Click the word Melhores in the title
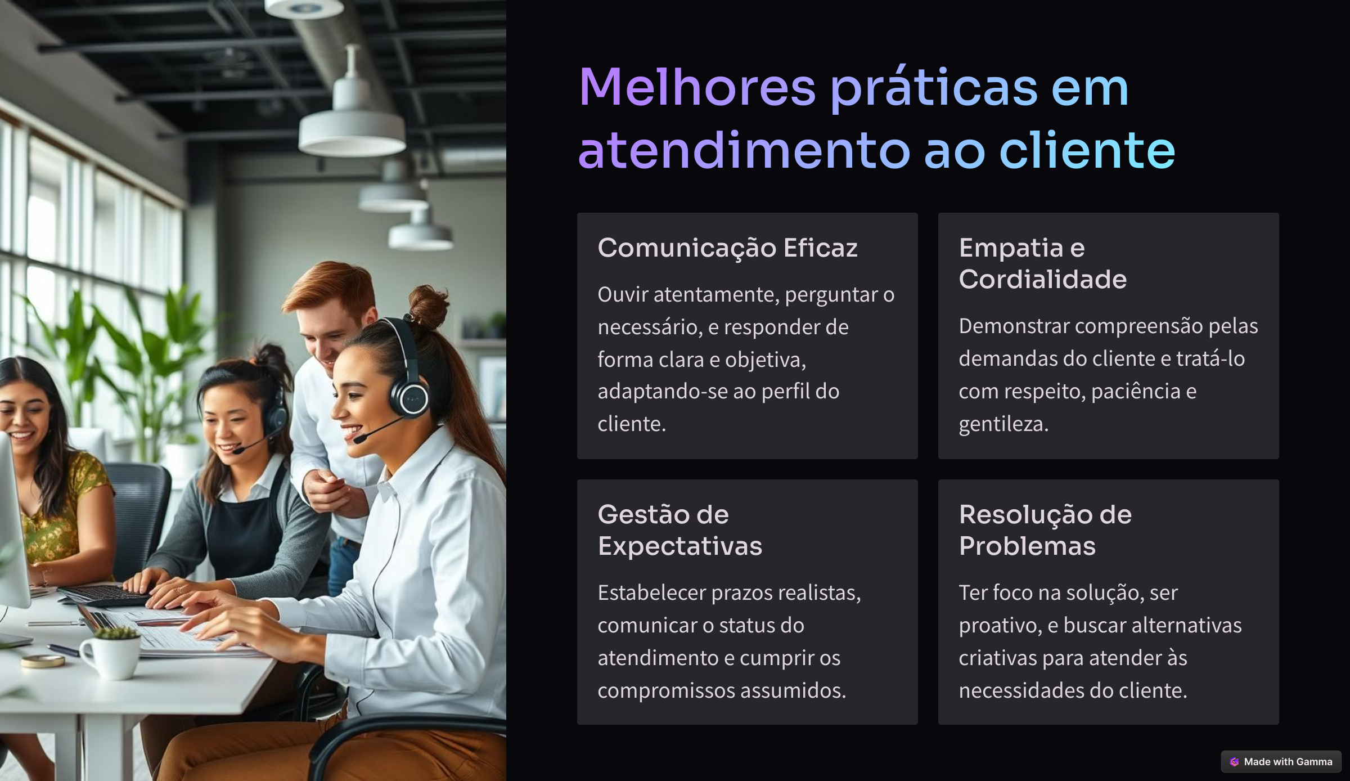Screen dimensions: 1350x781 tap(697, 87)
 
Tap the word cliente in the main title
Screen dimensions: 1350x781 tap(1087, 150)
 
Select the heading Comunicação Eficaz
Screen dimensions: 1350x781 tap(727, 248)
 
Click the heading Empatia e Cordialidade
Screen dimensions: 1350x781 tap(1043, 263)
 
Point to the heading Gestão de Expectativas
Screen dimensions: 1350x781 tap(679, 530)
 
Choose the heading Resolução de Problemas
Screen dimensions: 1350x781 tap(1045, 530)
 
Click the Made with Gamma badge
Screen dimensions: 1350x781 tap(1281, 761)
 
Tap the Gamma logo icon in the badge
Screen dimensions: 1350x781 tap(1234, 761)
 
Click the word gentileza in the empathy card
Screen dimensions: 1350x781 tap(1003, 424)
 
